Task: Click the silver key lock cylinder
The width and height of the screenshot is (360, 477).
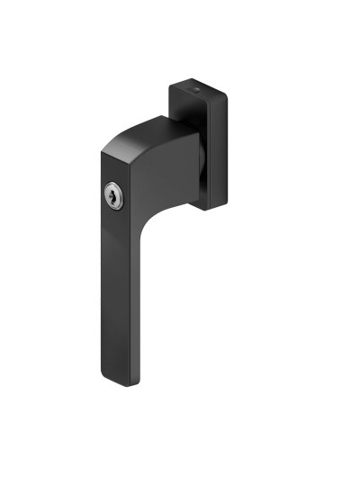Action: pos(113,194)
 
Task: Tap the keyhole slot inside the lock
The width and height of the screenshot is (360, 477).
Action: pos(113,195)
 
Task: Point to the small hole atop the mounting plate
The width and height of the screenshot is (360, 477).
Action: pos(197,91)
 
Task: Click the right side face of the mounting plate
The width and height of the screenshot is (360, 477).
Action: pos(220,153)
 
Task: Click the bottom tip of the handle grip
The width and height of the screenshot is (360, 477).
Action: pos(122,382)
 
